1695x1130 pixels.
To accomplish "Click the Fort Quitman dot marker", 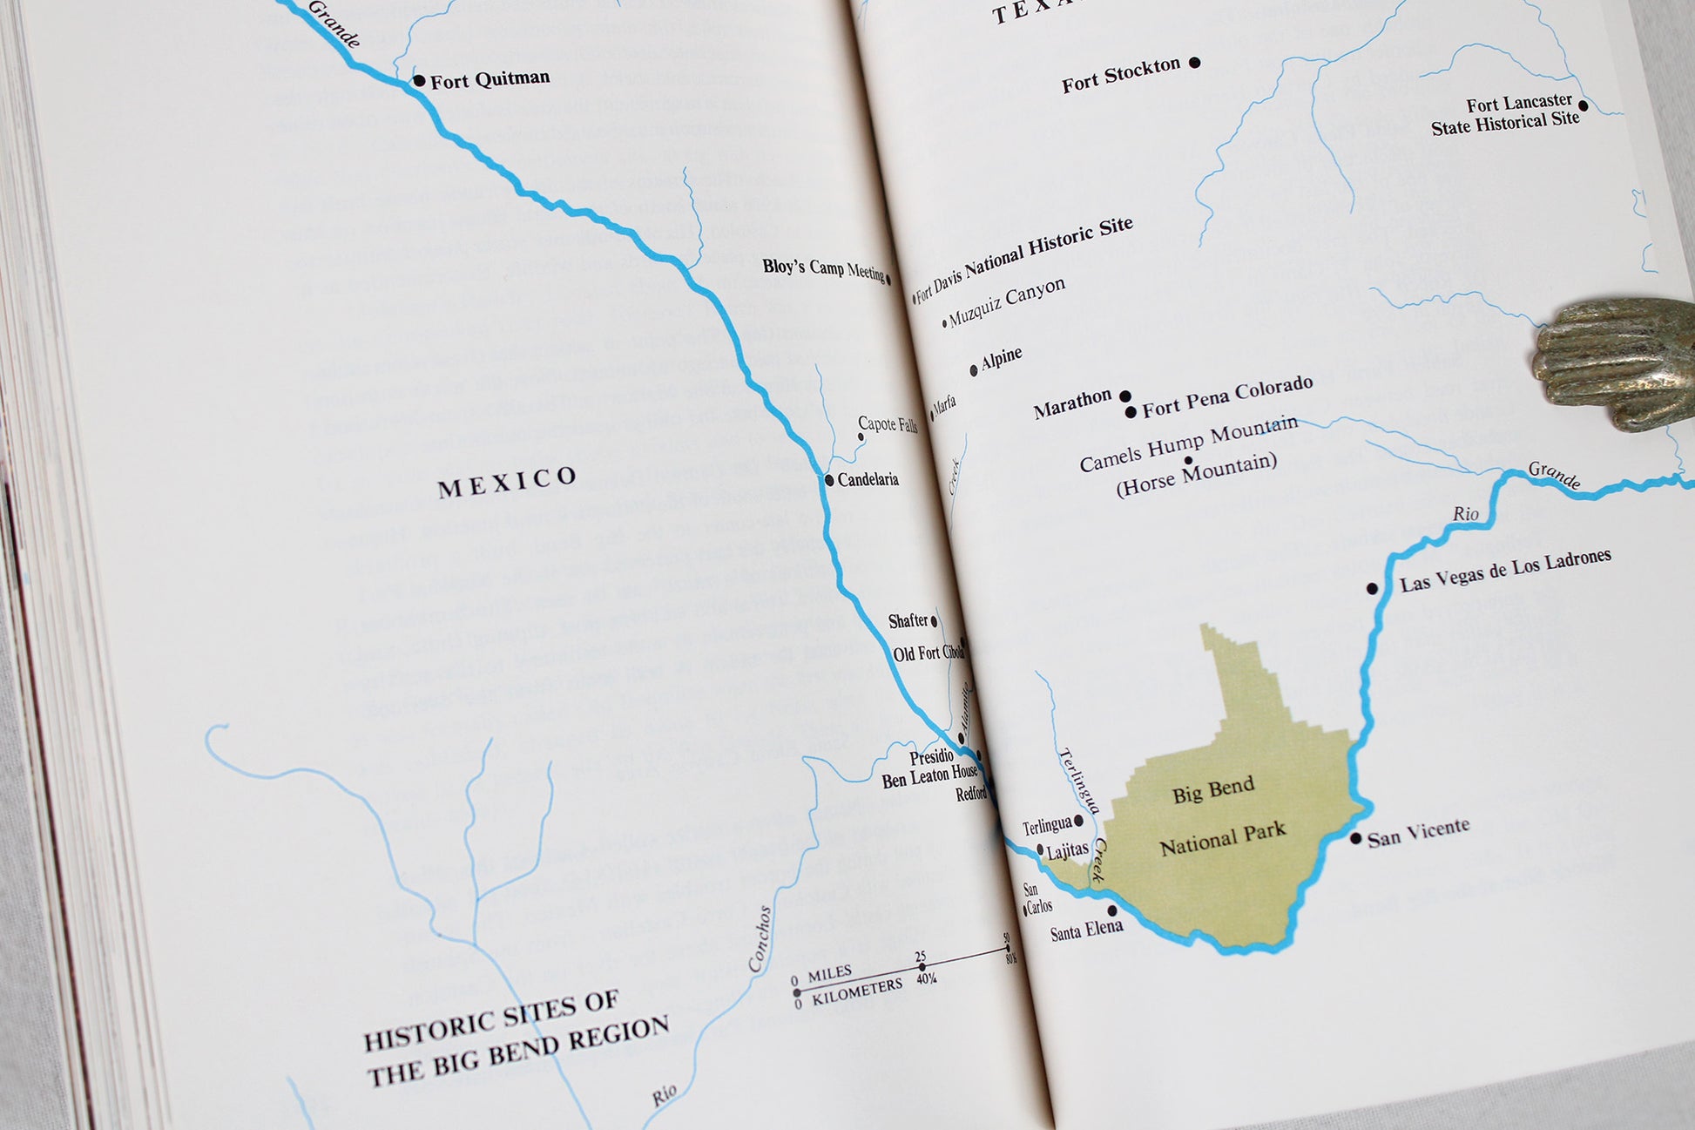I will click(419, 81).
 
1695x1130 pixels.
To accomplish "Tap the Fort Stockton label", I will click(1120, 75).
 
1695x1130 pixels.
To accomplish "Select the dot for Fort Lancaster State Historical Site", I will click(1583, 106).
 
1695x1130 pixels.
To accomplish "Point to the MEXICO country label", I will click(507, 481).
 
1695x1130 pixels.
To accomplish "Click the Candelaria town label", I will click(868, 479).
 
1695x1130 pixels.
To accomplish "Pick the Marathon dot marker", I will click(1125, 396).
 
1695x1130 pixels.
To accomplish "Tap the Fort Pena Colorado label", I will click(1226, 396).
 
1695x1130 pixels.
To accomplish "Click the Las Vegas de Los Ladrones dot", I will click(1372, 589).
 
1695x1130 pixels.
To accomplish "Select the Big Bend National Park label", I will click(1219, 815).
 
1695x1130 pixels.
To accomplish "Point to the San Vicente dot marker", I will click(1355, 838).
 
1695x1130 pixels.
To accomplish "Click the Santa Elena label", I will click(1086, 930).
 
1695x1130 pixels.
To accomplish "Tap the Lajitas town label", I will click(1067, 850).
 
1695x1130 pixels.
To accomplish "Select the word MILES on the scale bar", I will click(829, 973).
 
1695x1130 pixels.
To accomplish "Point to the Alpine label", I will click(1001, 359).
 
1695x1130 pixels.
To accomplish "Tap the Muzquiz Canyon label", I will click(1006, 301).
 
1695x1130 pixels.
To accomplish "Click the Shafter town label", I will click(908, 621).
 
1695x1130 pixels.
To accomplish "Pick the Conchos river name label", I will click(760, 938).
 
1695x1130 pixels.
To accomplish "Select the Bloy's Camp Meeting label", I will click(823, 268).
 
